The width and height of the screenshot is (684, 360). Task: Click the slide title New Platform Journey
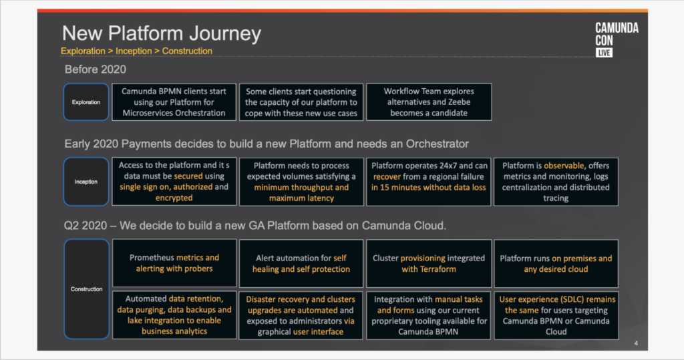coord(162,33)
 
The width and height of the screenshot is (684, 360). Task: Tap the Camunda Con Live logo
coord(617,39)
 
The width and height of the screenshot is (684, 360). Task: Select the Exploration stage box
coord(86,102)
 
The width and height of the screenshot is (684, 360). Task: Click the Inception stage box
coord(86,182)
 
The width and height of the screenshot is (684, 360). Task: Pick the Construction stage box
coord(86,289)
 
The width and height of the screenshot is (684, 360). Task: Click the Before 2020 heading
coord(95,69)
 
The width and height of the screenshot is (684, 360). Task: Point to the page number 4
coord(636,343)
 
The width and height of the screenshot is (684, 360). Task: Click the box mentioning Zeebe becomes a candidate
coord(429,102)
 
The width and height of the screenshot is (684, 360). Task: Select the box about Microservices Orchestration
coord(174,102)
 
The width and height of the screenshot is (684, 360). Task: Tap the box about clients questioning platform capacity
coord(301,102)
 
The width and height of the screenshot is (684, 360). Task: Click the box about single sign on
coord(174,182)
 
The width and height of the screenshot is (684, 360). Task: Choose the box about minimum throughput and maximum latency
coord(301,182)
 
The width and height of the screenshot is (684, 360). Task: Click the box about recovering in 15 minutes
coord(429,182)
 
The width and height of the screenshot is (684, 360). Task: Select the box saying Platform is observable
coord(556,182)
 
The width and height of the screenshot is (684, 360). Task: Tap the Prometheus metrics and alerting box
coord(174,263)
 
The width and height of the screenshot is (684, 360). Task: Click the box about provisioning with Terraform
coord(429,263)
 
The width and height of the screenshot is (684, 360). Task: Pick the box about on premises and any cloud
coord(556,263)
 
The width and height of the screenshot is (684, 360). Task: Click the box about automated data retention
coord(174,315)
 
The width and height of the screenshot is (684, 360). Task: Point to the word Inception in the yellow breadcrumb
coord(134,51)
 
